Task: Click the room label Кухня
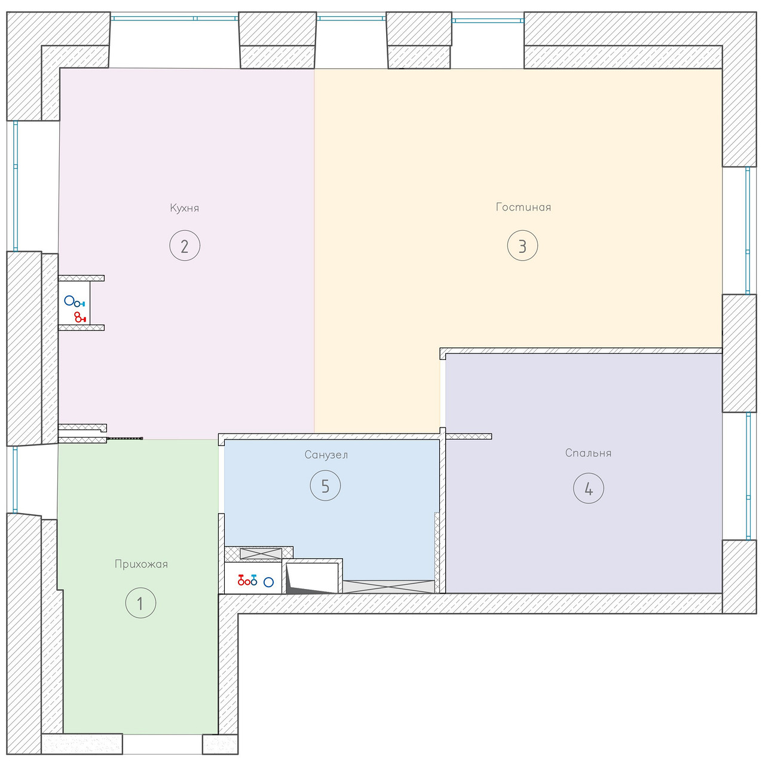[x=184, y=208]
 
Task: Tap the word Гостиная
[x=523, y=207]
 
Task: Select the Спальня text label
[x=588, y=453]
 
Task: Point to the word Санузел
[x=326, y=455]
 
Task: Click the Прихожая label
[x=141, y=564]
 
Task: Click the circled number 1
[x=140, y=603]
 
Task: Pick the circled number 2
[x=185, y=246]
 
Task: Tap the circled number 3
[x=522, y=246]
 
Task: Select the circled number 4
[x=588, y=489]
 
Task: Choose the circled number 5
[x=325, y=486]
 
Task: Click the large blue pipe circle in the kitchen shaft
[x=69, y=300]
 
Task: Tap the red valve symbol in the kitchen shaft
[x=80, y=317]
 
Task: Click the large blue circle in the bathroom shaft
[x=269, y=582]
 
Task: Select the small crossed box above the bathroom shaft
[x=261, y=553]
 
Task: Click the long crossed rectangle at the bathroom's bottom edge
[x=388, y=587]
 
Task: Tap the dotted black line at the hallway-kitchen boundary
[x=125, y=438]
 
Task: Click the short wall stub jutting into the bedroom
[x=469, y=437]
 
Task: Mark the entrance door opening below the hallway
[x=163, y=744]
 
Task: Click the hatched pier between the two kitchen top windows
[x=277, y=40]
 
